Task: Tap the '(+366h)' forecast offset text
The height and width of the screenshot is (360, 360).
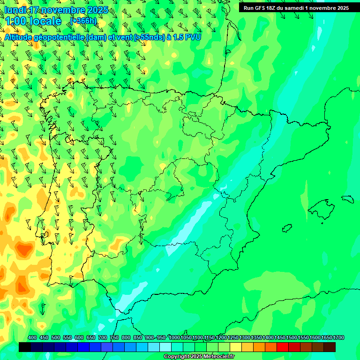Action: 83,21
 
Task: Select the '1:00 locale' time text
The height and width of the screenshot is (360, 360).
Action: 33,21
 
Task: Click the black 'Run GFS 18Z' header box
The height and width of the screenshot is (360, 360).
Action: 296,7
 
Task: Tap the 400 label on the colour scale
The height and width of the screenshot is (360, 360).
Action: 32,337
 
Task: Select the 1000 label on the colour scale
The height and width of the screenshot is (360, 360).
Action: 174,337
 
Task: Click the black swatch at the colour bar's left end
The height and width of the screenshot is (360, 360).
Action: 25,347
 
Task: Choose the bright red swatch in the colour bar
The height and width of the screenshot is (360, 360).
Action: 283,347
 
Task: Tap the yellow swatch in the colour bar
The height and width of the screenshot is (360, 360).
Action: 236,347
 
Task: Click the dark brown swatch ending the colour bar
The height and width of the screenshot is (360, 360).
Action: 330,347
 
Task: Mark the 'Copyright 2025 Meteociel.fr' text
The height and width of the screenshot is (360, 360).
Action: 199,357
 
